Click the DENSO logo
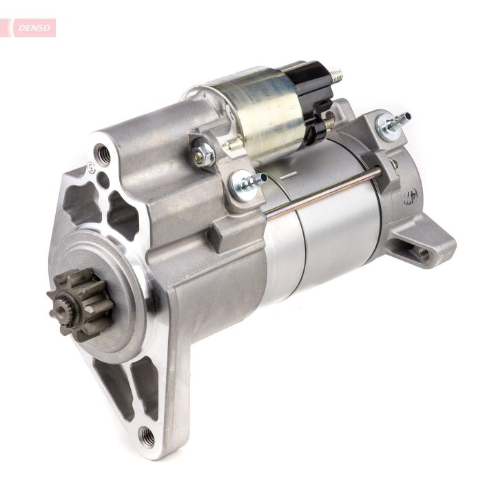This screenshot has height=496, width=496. coord(32,28)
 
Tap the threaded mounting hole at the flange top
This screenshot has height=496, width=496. coord(104,155)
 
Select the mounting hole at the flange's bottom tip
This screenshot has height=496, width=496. coord(146,435)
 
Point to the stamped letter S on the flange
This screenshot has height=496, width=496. coord(90,167)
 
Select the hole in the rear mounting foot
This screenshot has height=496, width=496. coord(424,254)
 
